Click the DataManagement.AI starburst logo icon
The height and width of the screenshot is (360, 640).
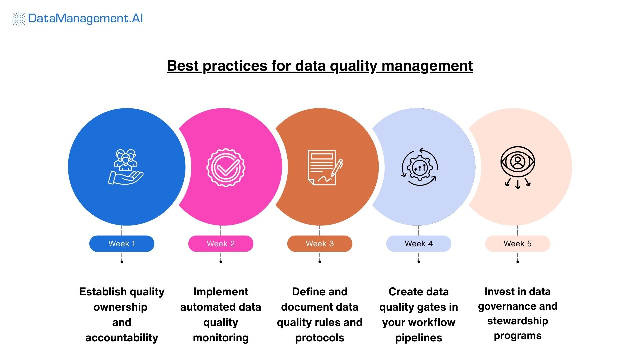point(19,19)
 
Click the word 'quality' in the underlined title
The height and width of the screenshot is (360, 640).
point(353,66)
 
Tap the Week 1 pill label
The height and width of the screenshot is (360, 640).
point(122,244)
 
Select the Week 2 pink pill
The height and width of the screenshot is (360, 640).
point(221,244)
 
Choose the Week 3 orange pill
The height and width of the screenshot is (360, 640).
point(320,244)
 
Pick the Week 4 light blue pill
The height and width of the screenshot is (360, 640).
point(419,244)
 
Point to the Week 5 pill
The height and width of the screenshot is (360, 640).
point(518,244)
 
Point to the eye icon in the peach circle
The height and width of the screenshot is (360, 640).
point(518,162)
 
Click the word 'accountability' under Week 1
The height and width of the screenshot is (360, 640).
point(122,338)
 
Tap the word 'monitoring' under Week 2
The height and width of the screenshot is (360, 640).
point(221,338)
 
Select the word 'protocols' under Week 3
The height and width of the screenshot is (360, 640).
point(320,338)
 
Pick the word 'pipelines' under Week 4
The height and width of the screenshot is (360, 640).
point(419,338)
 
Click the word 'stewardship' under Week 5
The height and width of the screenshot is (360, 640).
point(518,321)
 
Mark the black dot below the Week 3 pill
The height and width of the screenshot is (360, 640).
point(320,262)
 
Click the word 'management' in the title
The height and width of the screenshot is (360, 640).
point(427,66)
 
